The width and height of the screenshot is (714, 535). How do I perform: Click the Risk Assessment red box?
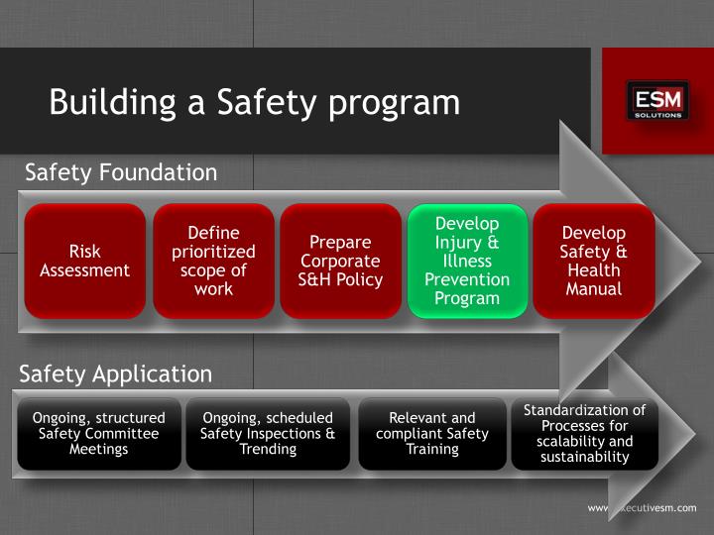(85, 261)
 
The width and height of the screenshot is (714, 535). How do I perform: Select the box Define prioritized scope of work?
(214, 261)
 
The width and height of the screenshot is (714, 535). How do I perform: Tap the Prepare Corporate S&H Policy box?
(341, 261)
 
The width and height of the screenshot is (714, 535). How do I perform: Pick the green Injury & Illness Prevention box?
(467, 261)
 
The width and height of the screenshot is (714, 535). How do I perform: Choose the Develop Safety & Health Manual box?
(594, 261)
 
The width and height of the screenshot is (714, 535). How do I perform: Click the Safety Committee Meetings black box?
(99, 433)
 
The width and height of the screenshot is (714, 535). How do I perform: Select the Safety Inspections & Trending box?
(268, 433)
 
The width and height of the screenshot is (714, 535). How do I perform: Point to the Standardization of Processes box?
(585, 433)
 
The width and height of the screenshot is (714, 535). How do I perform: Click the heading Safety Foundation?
(120, 172)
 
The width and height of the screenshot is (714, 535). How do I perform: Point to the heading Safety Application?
(116, 374)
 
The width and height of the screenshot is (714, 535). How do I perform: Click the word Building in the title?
(104, 102)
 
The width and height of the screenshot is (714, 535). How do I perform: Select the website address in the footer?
(643, 507)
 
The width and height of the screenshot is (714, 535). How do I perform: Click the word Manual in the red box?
(594, 289)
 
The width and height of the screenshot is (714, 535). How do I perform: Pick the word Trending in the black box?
(268, 449)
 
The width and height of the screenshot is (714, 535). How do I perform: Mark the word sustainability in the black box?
(585, 457)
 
